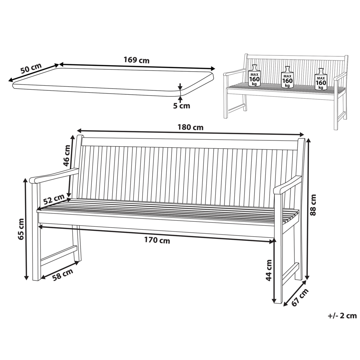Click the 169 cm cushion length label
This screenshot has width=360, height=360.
pos(136,60)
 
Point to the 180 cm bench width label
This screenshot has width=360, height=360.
pos(190,127)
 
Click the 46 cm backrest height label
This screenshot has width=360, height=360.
pos(67,155)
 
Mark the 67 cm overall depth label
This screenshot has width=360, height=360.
pos(300,298)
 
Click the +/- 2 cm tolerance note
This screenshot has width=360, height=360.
pos(342,316)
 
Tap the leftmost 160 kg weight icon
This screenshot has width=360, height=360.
pos(255,76)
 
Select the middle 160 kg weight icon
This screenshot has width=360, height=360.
pos(287,77)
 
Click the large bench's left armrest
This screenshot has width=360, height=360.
pos(54,175)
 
